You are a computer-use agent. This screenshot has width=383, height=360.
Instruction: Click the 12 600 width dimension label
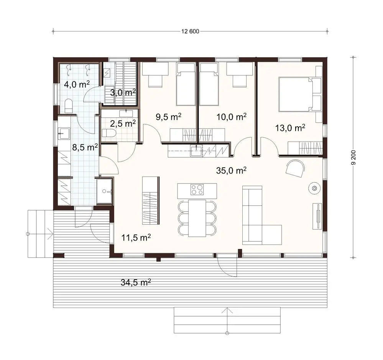[190, 31]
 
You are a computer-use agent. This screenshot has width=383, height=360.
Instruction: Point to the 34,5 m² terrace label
[135, 283]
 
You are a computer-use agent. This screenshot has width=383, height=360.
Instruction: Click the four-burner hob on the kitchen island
[197, 189]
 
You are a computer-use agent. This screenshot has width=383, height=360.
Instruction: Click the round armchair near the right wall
[295, 168]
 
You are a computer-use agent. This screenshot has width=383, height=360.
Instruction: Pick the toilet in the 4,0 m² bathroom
[69, 106]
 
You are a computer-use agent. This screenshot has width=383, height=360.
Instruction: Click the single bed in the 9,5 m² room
[186, 84]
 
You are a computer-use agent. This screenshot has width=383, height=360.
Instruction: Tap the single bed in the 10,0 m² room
[209, 84]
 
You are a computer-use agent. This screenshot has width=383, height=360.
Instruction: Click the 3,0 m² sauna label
[123, 92]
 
